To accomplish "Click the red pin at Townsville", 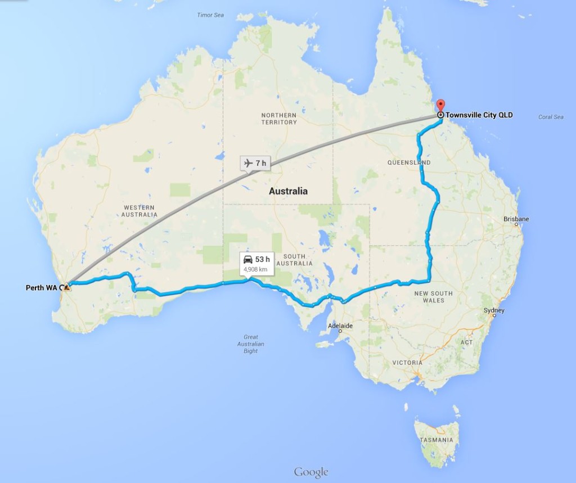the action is (440, 106).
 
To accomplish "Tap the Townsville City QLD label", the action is (479, 115).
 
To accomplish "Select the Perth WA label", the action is (42, 288).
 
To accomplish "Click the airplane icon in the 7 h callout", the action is (248, 163).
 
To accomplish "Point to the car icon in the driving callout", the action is (247, 259).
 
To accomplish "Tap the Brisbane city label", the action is (516, 219).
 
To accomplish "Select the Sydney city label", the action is (494, 310).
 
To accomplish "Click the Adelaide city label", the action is (340, 326).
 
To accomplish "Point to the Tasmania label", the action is (436, 440).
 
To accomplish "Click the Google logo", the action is (311, 471).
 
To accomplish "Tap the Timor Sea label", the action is (210, 15).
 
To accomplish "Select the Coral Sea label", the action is (551, 117).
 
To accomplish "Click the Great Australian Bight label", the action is (251, 344).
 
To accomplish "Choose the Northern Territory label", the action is (278, 119).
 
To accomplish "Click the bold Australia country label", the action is (288, 191).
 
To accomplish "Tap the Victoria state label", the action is (407, 363).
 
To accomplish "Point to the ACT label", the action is (467, 342).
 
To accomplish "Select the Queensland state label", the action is (409, 162).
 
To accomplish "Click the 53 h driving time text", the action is (263, 259).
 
